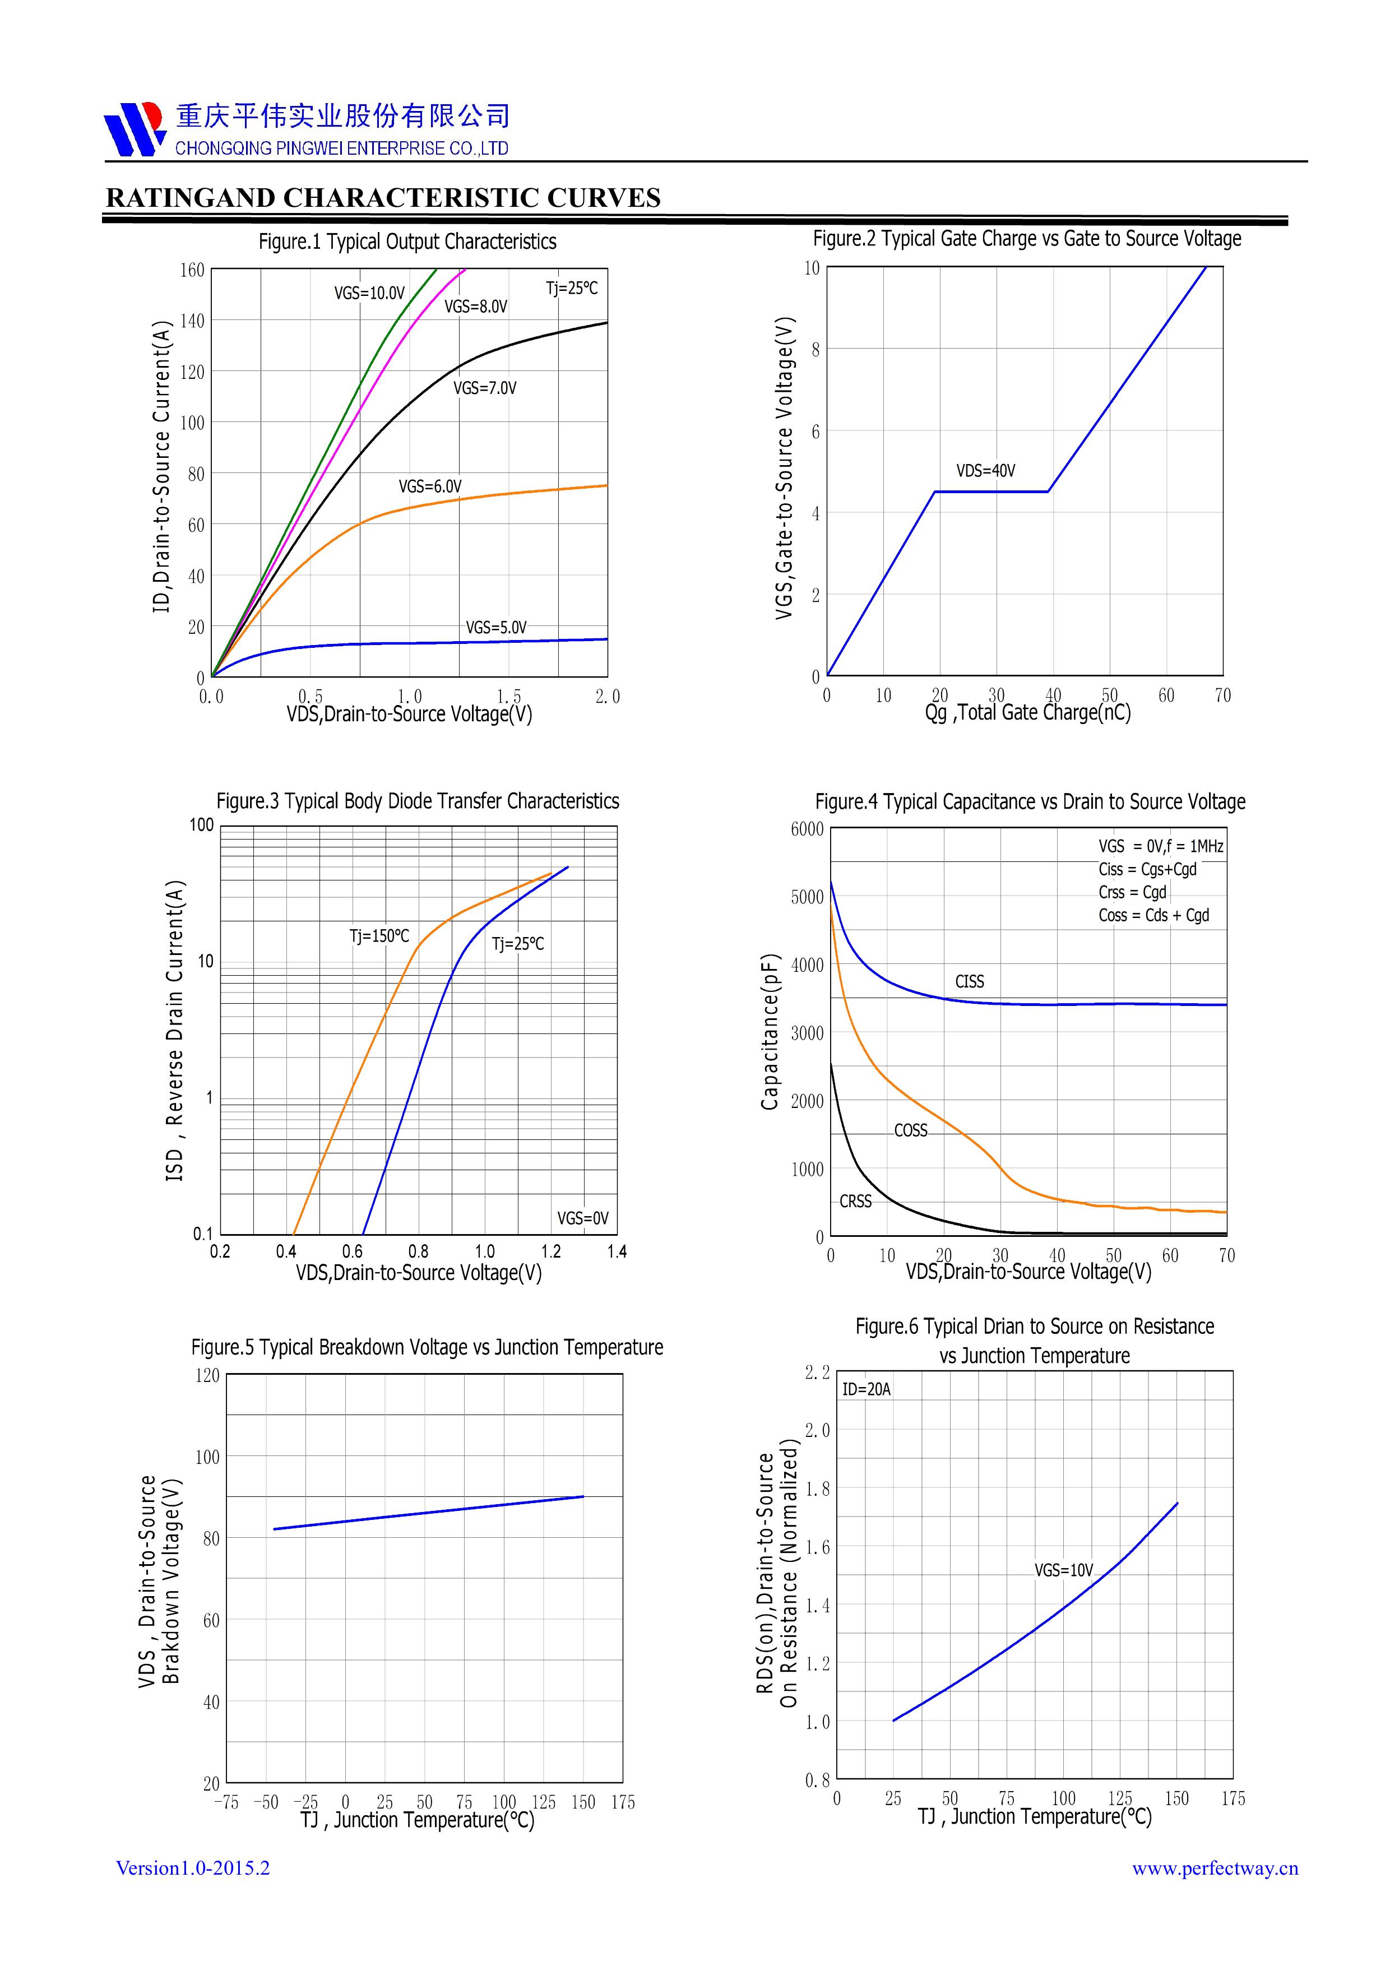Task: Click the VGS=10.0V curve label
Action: coord(369,293)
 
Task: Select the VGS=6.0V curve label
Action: coord(430,486)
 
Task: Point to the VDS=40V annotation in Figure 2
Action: coord(986,470)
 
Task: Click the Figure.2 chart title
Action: coord(1027,238)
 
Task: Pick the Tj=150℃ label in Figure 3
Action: coord(379,936)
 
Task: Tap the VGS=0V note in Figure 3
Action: coord(582,1218)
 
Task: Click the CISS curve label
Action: coord(970,981)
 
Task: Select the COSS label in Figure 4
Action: coord(910,1130)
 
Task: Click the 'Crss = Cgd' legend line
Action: coord(1132,892)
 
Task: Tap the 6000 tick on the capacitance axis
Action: coord(807,829)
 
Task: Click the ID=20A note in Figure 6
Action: coord(866,1389)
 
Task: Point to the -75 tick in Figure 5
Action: coord(226,1802)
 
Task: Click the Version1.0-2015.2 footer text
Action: coord(193,1867)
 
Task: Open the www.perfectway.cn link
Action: coord(1215,1868)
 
